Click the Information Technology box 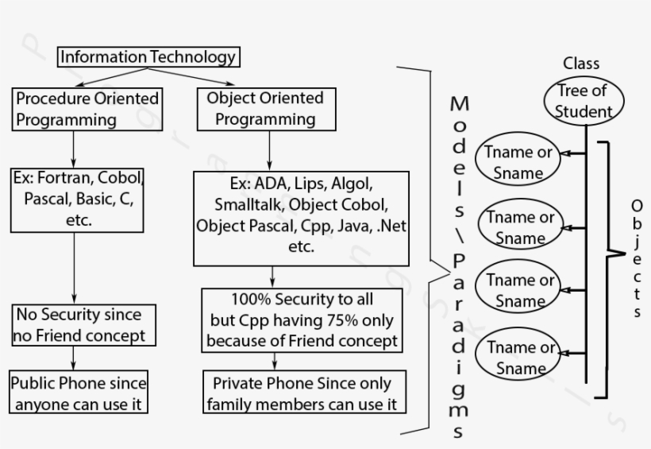pos(148,57)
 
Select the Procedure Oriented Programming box pos(87,110)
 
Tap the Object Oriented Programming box pos(265,110)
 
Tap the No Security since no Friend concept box pos(79,325)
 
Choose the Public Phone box pos(79,393)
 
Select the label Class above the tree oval pos(581,64)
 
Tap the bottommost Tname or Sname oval pos(521,358)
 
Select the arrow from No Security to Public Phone pos(74,358)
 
